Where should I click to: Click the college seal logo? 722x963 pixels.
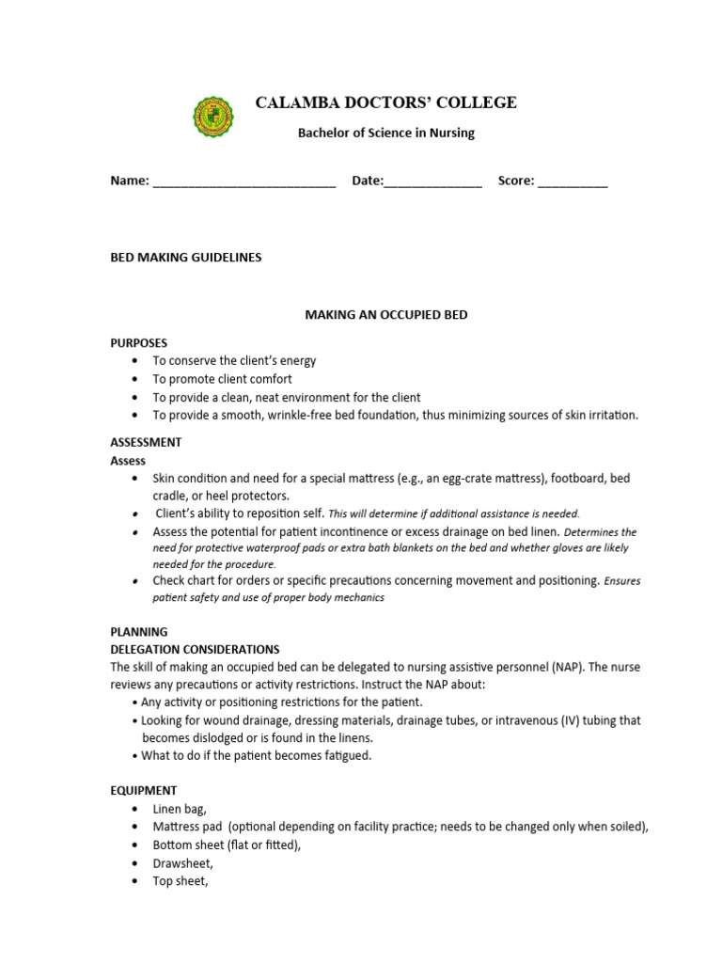point(214,117)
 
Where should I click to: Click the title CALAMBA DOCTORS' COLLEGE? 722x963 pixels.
point(385,103)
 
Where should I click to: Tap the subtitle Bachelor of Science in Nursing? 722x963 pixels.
point(385,133)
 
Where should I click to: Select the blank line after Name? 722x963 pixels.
point(244,182)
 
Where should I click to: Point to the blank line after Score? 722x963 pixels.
point(573,182)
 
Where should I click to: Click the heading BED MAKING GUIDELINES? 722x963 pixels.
point(186,257)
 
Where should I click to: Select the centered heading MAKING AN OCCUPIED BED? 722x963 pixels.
point(385,315)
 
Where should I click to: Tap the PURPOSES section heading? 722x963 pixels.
point(139,343)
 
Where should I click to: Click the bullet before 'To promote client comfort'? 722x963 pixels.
point(136,380)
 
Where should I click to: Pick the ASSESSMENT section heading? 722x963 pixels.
point(146,442)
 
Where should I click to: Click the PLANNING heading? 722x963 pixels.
point(139,632)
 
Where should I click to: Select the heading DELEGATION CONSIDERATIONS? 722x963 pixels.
point(195,649)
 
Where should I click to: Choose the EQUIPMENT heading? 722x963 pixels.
point(144,791)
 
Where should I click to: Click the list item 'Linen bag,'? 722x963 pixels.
point(180,809)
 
